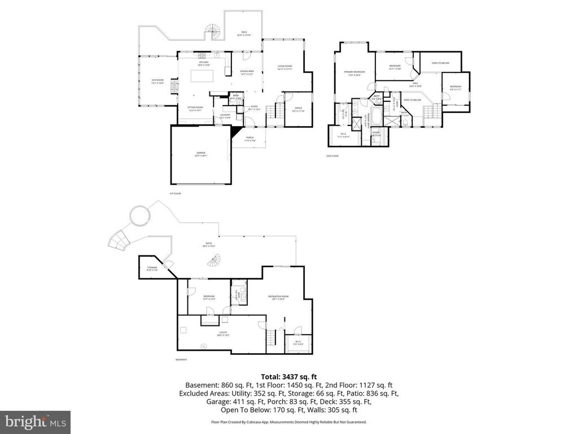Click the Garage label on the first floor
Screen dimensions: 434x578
click(200, 153)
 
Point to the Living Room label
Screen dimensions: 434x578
click(284, 67)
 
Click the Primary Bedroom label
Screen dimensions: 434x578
click(354, 72)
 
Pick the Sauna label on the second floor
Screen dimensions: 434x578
click(376, 133)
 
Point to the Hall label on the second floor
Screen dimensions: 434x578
click(415, 84)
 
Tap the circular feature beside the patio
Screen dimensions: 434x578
click(139, 215)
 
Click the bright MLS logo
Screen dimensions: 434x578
click(35, 421)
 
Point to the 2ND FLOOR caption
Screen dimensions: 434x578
click(332, 155)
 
